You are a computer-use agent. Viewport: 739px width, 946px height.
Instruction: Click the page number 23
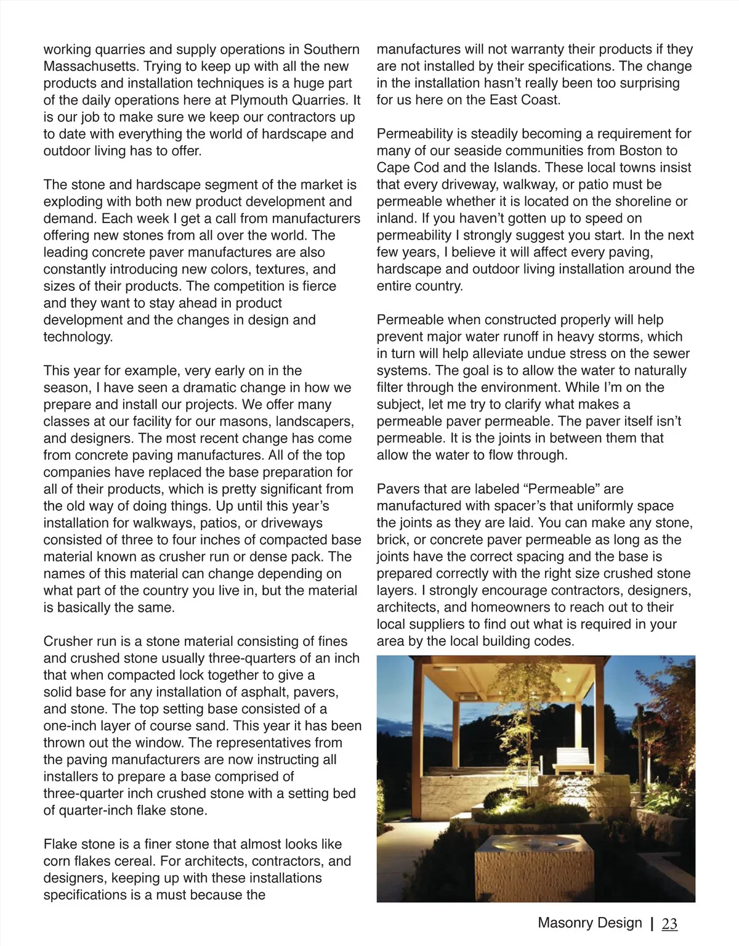click(x=669, y=923)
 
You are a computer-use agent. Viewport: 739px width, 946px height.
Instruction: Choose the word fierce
click(x=315, y=287)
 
